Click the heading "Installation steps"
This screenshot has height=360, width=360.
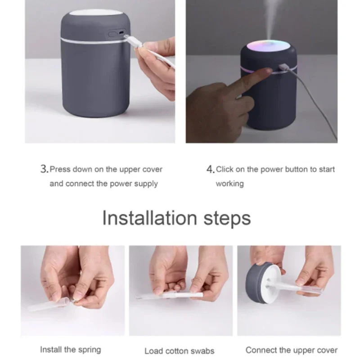click(176, 218)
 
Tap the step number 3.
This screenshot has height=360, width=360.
click(44, 169)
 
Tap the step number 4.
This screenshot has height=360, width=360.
click(210, 170)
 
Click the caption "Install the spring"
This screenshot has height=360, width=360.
click(71, 350)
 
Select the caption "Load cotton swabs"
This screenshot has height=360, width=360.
click(179, 351)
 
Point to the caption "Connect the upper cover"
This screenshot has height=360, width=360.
click(291, 351)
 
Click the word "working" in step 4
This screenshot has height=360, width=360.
click(230, 184)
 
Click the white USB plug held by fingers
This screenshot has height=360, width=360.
click(133, 42)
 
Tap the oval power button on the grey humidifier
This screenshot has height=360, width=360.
click(112, 35)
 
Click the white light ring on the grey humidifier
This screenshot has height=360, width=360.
click(94, 41)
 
